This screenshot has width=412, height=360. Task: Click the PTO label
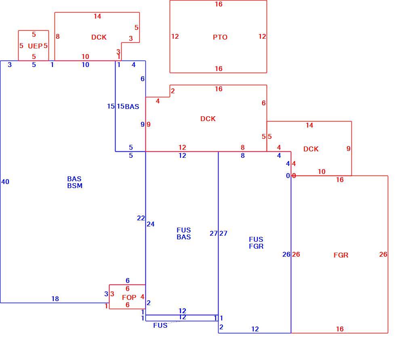pyautogui.click(x=220, y=37)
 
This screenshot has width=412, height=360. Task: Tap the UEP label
pyautogui.click(x=35, y=46)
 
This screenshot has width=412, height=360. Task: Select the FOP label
pyautogui.click(x=129, y=297)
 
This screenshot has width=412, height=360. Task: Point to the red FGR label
pyautogui.click(x=341, y=255)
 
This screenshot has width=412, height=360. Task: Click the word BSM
pyautogui.click(x=75, y=186)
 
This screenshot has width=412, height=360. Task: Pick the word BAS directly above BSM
pyautogui.click(x=74, y=179)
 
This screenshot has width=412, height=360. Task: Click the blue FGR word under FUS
pyautogui.click(x=256, y=246)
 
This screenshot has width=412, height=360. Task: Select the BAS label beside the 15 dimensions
pyautogui.click(x=132, y=107)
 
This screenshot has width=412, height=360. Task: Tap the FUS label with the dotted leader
pyautogui.click(x=160, y=325)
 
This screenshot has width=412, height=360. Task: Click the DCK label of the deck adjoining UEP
pyautogui.click(x=99, y=37)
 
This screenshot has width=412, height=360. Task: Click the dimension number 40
pyautogui.click(x=5, y=182)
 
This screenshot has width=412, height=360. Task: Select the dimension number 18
pyautogui.click(x=55, y=299)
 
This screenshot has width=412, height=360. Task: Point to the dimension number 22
pyautogui.click(x=141, y=218)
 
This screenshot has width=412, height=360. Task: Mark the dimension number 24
pyautogui.click(x=151, y=224)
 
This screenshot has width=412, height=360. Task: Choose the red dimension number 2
pyautogui.click(x=172, y=91)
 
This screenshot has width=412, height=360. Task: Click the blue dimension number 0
pyautogui.click(x=288, y=176)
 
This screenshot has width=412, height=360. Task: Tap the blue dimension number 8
pyautogui.click(x=243, y=155)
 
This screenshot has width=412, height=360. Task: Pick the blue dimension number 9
pyautogui.click(x=143, y=124)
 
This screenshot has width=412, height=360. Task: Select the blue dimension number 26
pyautogui.click(x=286, y=254)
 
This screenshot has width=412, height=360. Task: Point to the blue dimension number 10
pyautogui.click(x=85, y=65)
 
